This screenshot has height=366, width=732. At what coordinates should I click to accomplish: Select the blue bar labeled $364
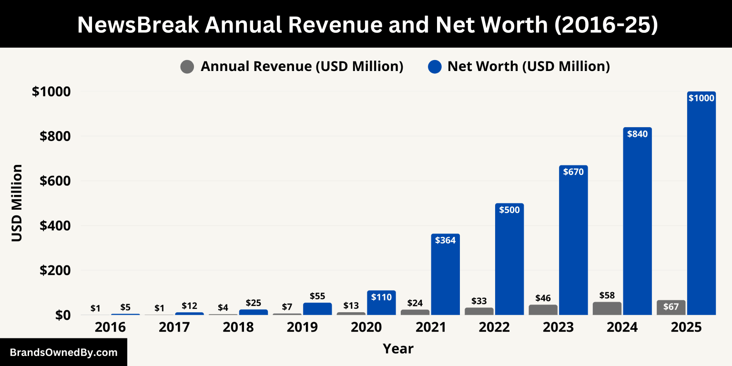tap(446, 276)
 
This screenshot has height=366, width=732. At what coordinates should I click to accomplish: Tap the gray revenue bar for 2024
tap(607, 308)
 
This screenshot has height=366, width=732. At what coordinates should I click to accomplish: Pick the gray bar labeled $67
tap(671, 307)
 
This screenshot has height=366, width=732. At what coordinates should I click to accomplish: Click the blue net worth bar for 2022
tap(509, 262)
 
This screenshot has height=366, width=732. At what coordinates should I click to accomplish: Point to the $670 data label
tap(573, 172)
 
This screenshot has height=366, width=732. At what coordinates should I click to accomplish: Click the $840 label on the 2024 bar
tap(637, 134)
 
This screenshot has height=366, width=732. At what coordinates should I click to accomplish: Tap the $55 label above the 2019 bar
tap(317, 296)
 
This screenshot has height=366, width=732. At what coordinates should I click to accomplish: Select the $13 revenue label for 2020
tap(351, 305)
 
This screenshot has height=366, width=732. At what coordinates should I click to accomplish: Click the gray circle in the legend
tap(187, 67)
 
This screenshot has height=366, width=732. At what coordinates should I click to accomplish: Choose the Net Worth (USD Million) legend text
tap(528, 67)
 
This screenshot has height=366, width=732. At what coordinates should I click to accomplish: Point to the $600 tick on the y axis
tap(55, 181)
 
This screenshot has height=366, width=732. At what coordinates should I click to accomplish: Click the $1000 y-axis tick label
tap(51, 91)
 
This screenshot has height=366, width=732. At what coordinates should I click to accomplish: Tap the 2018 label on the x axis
tap(238, 327)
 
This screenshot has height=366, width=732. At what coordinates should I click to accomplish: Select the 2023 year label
tap(558, 327)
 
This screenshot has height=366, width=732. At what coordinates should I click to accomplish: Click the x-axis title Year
tap(398, 348)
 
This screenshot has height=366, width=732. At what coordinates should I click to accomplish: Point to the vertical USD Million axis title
tap(17, 203)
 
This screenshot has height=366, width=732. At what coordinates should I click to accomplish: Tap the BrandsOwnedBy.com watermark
tap(63, 353)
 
